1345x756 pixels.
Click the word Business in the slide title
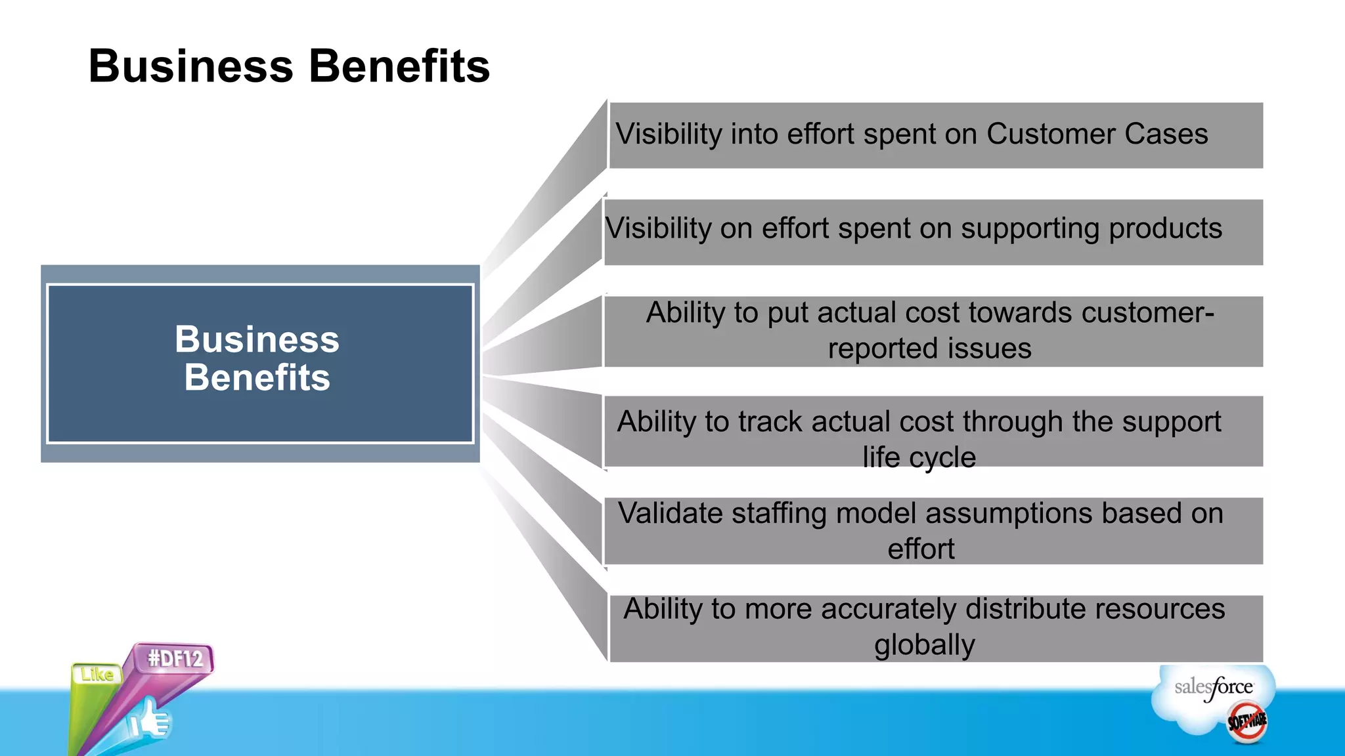[x=190, y=66]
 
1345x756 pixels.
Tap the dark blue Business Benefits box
[x=260, y=363]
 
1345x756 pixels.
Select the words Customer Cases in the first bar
[x=1097, y=135]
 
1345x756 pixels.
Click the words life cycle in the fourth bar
[x=919, y=457]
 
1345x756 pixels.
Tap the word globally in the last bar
[x=924, y=645]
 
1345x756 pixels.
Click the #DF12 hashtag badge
[x=175, y=658]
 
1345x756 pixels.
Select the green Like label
[x=97, y=674]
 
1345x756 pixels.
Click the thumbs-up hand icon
[x=150, y=719]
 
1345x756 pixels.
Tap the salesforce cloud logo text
[x=1213, y=688]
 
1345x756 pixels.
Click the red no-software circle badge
[x=1247, y=722]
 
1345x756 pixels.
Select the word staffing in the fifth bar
[x=778, y=513]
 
